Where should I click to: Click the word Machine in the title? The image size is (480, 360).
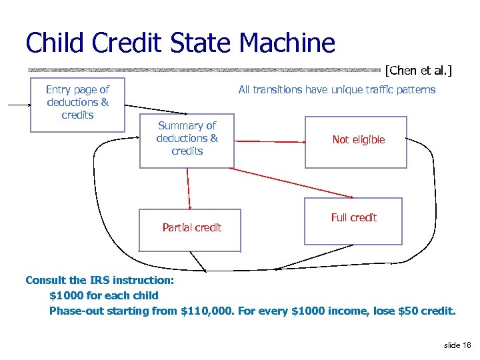(287, 43)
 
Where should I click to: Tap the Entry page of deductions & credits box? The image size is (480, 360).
(78, 103)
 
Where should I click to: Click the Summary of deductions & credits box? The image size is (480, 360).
(187, 139)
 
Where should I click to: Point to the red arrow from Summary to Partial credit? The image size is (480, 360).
(189, 188)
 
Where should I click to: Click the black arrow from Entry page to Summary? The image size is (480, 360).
(160, 109)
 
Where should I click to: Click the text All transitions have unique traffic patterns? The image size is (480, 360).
(337, 90)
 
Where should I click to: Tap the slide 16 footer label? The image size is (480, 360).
(457, 345)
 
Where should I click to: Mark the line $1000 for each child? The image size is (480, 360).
(104, 295)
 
